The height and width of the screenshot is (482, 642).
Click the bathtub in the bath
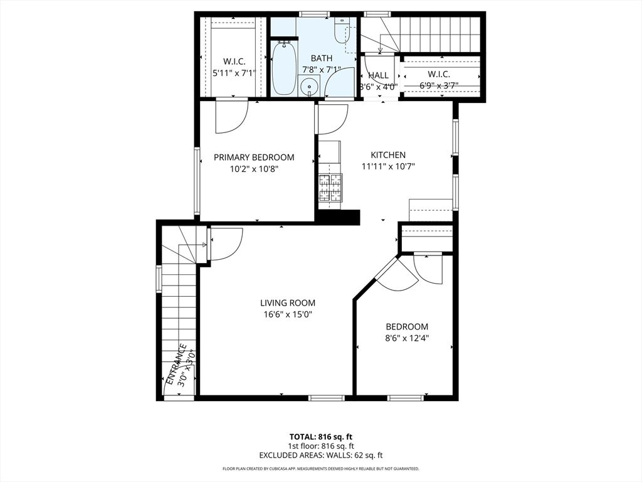point(283,68)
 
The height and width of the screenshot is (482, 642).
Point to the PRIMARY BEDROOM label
point(254,158)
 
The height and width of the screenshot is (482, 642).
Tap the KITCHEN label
point(388,155)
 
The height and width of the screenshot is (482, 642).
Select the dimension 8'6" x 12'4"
point(407,338)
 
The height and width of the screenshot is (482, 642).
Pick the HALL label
point(378,75)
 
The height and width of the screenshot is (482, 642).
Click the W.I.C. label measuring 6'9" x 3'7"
point(439,74)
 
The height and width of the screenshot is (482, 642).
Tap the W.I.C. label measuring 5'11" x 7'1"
point(234,62)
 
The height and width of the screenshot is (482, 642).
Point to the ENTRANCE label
point(176,364)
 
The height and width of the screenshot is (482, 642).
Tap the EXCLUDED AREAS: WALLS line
point(321,456)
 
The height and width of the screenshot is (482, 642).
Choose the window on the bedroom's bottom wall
point(406,397)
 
